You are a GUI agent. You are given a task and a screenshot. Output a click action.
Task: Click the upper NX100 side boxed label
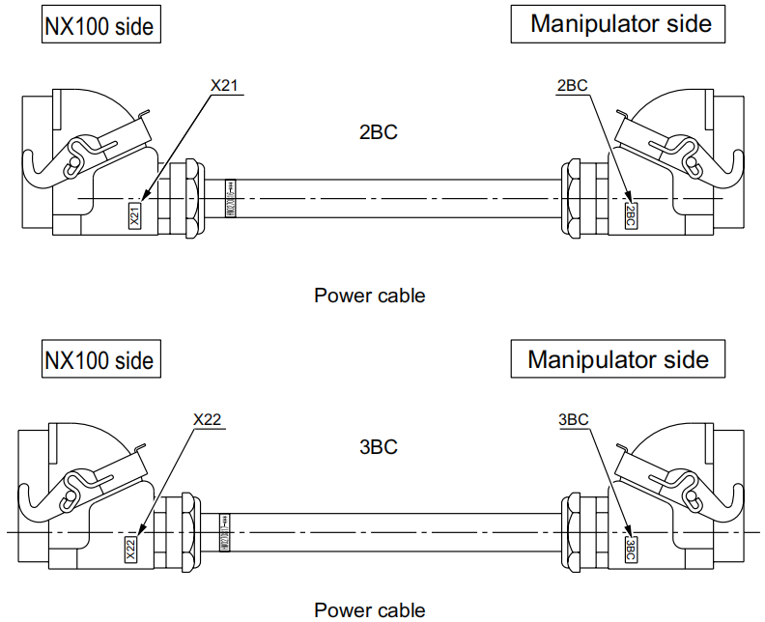point(99,26)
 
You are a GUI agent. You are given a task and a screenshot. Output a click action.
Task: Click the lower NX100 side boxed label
point(99,360)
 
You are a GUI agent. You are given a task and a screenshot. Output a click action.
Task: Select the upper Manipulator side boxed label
point(619,24)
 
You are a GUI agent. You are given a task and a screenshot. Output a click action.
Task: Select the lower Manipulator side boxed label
point(618,359)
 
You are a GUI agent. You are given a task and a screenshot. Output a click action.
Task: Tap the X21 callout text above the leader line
point(224,86)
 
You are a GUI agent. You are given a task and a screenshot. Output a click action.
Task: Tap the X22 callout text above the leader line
point(208,419)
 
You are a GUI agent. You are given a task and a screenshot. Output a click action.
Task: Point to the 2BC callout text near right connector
point(573,86)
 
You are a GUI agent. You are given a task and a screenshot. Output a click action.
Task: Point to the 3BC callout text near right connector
point(574,419)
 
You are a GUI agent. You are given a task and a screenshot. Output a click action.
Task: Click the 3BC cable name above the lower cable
point(378,447)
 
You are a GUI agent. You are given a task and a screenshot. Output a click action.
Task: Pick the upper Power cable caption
point(369,296)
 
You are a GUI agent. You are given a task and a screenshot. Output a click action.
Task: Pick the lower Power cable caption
point(369,609)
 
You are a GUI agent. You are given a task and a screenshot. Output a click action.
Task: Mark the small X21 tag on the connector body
point(135,215)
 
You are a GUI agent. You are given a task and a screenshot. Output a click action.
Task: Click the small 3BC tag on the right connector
point(631,550)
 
